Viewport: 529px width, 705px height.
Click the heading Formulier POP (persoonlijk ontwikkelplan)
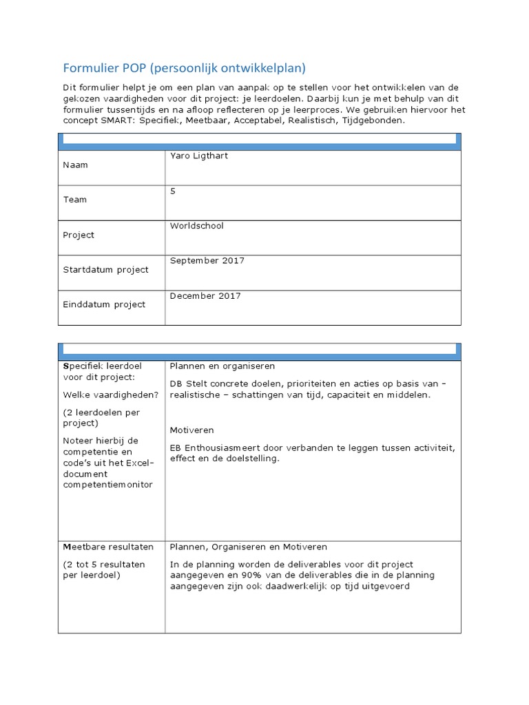(x=184, y=68)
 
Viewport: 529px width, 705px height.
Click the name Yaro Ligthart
(x=198, y=156)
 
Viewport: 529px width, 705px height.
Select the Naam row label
(x=75, y=165)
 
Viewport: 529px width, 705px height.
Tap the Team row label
(x=75, y=200)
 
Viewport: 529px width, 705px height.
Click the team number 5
(x=173, y=191)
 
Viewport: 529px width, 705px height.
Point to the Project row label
(x=79, y=235)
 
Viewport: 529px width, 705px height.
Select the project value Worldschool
(x=196, y=226)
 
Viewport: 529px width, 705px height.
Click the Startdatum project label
(x=105, y=270)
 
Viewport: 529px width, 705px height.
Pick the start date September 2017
(x=207, y=261)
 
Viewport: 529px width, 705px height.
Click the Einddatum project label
(x=104, y=304)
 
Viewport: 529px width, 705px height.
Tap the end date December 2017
(x=205, y=296)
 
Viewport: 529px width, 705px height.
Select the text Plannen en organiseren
(x=222, y=366)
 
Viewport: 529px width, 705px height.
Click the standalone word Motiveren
(x=191, y=430)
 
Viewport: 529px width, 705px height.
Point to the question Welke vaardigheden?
(x=110, y=394)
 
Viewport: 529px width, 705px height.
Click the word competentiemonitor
(x=107, y=485)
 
